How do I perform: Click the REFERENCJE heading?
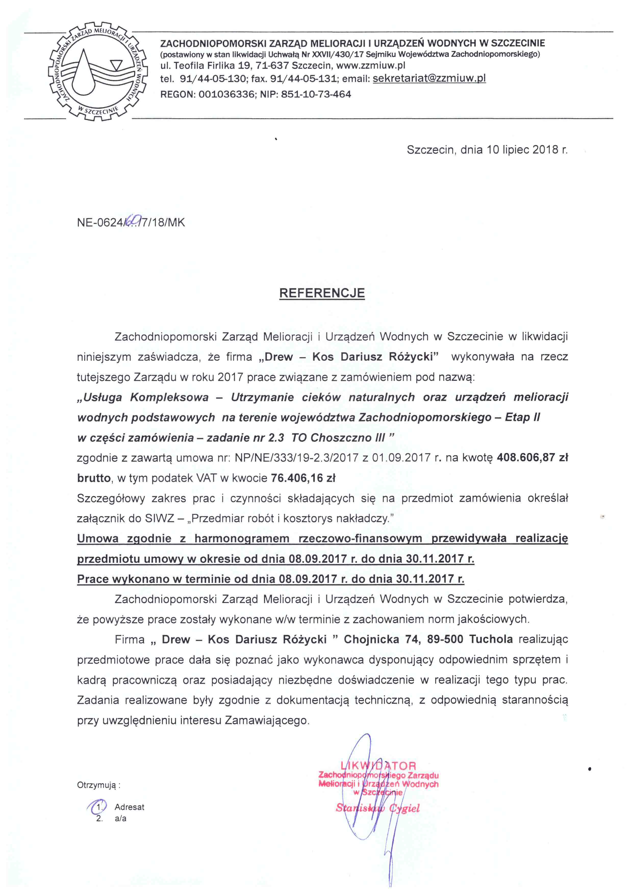click(x=322, y=293)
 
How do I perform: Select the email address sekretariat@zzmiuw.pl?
click(x=429, y=78)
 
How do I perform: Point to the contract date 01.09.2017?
click(x=401, y=458)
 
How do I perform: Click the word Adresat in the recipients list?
click(x=129, y=807)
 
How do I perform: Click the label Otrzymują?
click(x=98, y=785)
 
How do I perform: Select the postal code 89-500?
click(x=445, y=639)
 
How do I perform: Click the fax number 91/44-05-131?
click(x=303, y=78)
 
